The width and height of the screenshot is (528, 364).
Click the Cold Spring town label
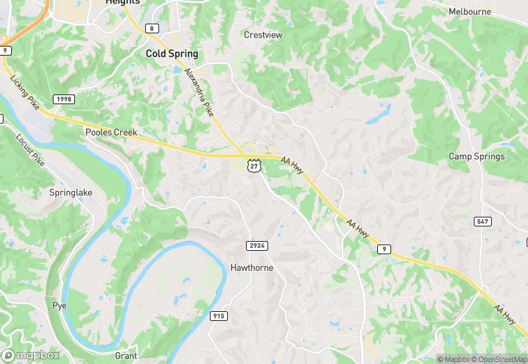[172, 53]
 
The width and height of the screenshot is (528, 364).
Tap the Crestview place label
[263, 34]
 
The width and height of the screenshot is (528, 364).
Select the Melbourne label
[470, 12]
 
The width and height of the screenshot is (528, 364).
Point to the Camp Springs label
[477, 156]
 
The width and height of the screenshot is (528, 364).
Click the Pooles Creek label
[111, 132]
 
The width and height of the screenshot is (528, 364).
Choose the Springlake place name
[71, 192]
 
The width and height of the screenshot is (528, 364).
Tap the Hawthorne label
[251, 267]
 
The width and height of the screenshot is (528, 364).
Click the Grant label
[126, 355]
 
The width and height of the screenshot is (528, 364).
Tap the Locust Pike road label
[30, 149]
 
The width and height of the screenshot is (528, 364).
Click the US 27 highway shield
[254, 165]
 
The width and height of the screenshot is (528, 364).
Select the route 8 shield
[151, 28]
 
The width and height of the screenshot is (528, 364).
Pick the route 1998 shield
[63, 99]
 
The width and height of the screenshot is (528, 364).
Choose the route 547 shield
[483, 222]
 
